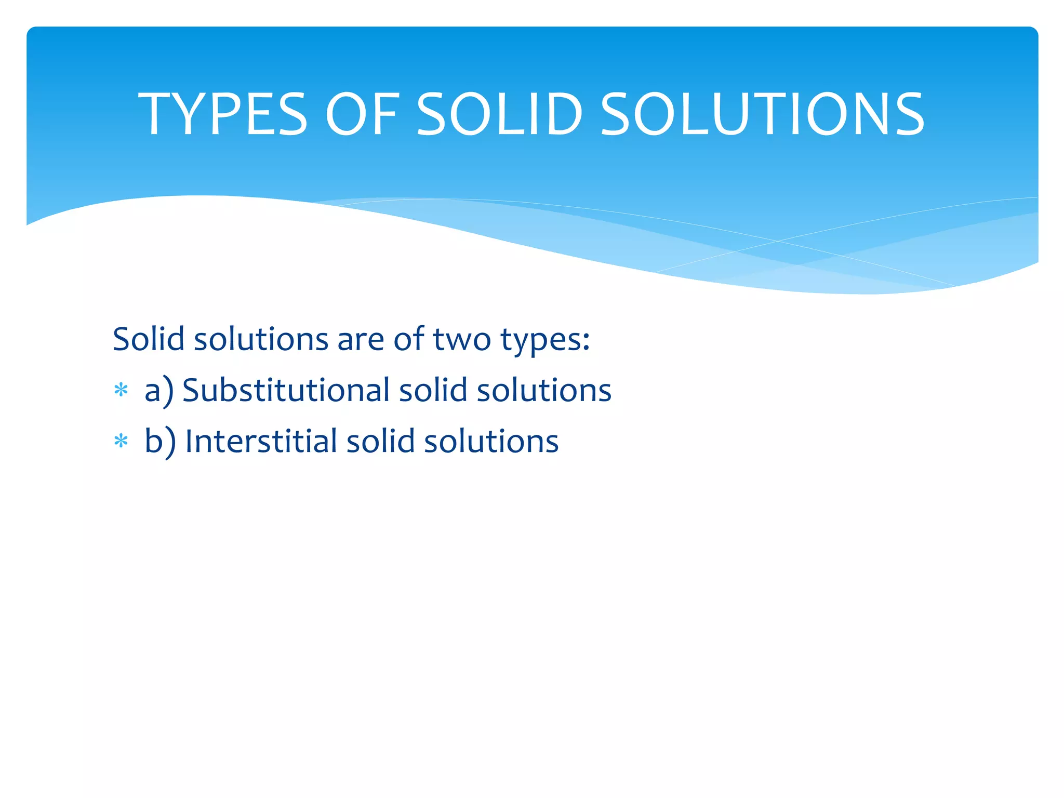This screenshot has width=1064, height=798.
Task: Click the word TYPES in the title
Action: [x=223, y=114]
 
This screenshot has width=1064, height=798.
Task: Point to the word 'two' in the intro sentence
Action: [x=462, y=339]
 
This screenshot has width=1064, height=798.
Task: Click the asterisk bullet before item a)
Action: [x=121, y=390]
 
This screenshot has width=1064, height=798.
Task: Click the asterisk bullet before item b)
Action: [x=121, y=441]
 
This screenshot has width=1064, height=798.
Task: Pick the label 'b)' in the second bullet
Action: [x=161, y=442]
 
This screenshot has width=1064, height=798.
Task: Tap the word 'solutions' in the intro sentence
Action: [x=261, y=339]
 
